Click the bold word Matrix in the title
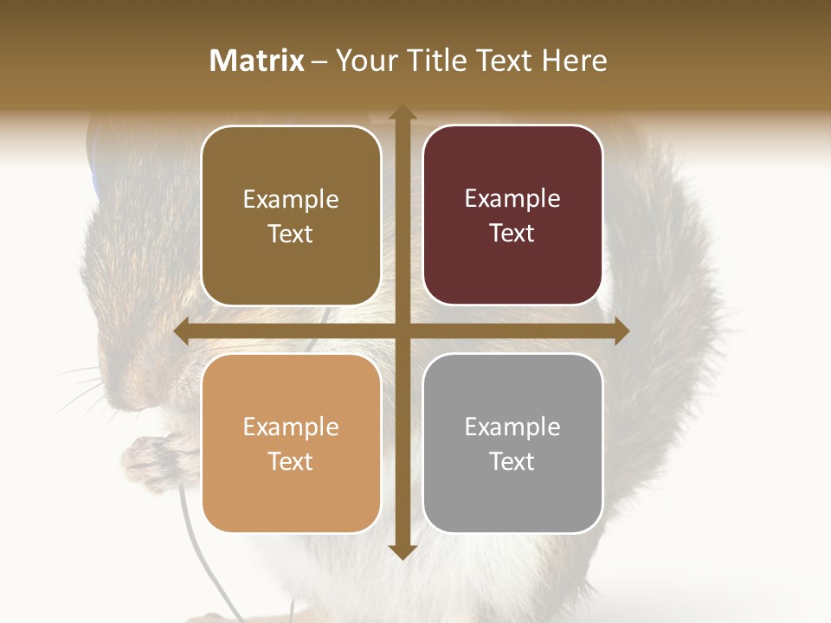tap(257, 61)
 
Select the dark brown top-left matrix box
tap(291, 215)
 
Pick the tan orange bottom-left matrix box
tap(291, 443)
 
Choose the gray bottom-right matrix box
tap(512, 443)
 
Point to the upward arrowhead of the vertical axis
tap(402, 112)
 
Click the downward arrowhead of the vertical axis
tap(402, 551)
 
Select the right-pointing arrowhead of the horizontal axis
tap(621, 331)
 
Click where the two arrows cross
tap(402, 331)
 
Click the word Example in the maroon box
tap(512, 198)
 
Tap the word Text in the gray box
tap(512, 461)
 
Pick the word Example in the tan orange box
tap(291, 427)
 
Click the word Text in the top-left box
tap(291, 234)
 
